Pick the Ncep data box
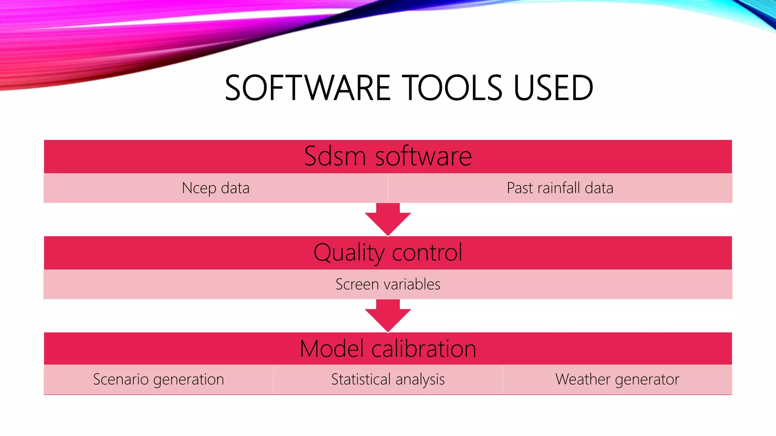pos(216,188)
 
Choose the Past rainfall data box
pos(560,188)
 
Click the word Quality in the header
pos(349,252)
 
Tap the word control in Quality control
pos(427,252)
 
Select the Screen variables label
pos(388,284)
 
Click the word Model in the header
pos(332,349)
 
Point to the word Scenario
pos(120,379)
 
